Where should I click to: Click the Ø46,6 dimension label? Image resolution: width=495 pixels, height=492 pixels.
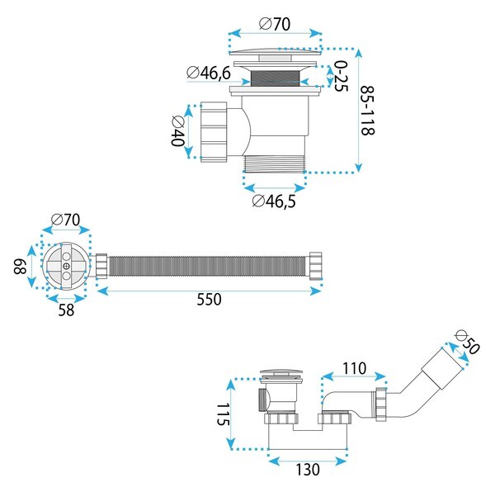point(209,73)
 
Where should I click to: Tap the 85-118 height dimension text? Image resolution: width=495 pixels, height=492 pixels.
point(367,111)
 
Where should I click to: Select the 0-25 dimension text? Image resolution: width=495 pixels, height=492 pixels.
point(341,77)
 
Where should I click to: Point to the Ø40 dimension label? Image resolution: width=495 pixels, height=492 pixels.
point(177,131)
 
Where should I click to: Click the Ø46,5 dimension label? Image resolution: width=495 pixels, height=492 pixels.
point(274,201)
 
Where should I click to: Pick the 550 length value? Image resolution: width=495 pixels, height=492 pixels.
point(209,300)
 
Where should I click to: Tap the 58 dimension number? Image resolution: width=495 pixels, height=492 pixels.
point(66,310)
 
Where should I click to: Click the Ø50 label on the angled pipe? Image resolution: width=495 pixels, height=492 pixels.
point(467,343)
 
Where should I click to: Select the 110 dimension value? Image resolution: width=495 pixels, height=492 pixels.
point(354,368)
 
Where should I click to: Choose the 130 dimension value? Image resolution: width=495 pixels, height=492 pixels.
point(308,470)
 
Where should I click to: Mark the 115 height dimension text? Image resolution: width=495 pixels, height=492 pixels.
point(224,414)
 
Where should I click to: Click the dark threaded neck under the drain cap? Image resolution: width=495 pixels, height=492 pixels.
point(274,78)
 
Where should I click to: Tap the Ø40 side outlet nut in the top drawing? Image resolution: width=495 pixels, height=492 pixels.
point(214,132)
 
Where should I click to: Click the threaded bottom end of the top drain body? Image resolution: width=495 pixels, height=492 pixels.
point(274,163)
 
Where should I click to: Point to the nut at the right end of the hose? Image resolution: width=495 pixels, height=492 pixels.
point(315,266)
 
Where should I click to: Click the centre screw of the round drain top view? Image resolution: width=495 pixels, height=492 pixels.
point(66,266)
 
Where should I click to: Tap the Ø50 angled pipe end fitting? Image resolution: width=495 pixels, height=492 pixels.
point(442,369)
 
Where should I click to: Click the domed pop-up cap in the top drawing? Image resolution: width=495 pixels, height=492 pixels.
point(275,52)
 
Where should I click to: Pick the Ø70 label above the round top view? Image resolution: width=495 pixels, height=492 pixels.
point(65,220)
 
